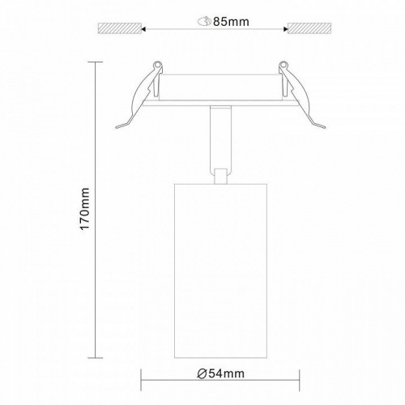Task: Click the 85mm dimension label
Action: point(231,22)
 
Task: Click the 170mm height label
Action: point(85,209)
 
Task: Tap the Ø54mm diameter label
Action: point(220,374)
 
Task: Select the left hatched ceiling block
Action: point(120,28)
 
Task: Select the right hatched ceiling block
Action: point(309,28)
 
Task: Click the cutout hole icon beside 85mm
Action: point(204,21)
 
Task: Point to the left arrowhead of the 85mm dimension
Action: point(144,28)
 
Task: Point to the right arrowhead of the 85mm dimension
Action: point(286,28)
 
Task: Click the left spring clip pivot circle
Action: point(158,65)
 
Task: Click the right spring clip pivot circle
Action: point(283,65)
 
